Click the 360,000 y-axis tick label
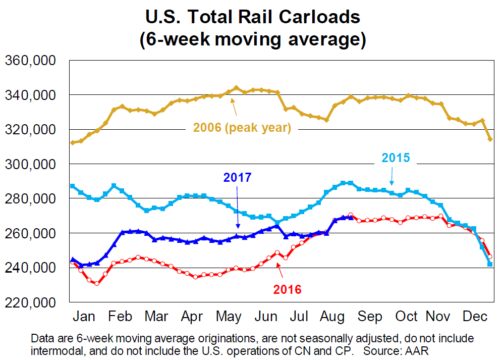[x=30, y=61]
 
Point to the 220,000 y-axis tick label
[x=30, y=302]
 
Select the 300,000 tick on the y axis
[x=30, y=165]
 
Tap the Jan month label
[x=84, y=317]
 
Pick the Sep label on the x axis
[x=370, y=317]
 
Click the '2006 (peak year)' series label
[x=242, y=128]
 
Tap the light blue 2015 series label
[x=396, y=158]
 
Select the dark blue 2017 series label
[x=237, y=177]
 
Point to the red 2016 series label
[x=287, y=289]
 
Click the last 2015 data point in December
[x=489, y=264]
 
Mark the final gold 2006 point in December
[x=489, y=139]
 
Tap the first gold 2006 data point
[x=73, y=142]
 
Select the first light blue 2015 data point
[x=73, y=186]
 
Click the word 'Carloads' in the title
[x=312, y=18]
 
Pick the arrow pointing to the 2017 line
[x=237, y=207]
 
